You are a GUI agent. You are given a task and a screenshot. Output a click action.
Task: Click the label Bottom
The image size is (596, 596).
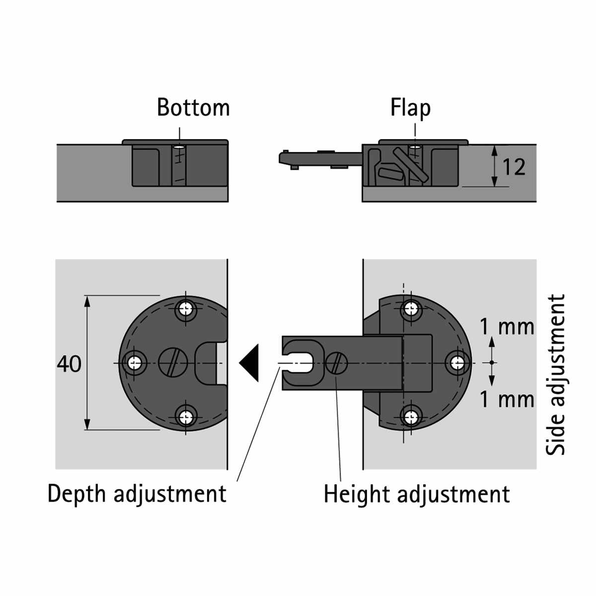tap(193, 107)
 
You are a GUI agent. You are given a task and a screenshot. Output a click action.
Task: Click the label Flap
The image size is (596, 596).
tap(410, 108)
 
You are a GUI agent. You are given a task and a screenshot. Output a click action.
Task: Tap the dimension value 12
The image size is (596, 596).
tap(514, 167)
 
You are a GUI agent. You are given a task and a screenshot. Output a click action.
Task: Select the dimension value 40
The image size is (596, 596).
tap(69, 364)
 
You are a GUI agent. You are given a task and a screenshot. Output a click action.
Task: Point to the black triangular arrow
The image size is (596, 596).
tap(249, 363)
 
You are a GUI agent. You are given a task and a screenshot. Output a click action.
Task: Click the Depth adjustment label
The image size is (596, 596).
tap(137, 494)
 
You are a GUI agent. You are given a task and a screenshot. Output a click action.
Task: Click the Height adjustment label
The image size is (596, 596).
tap(417, 494)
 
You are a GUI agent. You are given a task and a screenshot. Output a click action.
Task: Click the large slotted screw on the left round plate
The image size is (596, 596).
tap(173, 363)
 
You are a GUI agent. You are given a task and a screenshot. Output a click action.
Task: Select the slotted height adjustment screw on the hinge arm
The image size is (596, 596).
tap(337, 363)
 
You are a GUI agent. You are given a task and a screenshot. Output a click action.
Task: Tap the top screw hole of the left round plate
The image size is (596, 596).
tap(186, 308)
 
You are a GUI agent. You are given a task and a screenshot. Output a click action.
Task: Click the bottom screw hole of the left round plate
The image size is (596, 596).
tap(186, 417)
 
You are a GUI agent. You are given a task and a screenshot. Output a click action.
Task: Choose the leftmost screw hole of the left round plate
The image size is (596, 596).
tap(134, 363)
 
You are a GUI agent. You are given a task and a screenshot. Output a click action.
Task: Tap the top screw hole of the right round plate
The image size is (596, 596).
tap(411, 308)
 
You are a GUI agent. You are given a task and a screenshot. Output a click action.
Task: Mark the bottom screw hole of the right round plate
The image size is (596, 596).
tap(411, 417)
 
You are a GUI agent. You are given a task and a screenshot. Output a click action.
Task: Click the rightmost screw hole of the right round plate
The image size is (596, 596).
tap(457, 363)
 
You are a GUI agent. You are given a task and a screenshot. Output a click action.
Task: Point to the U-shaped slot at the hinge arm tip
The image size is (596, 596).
tap(299, 363)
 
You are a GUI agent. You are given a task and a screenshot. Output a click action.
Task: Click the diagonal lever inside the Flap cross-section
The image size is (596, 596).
tap(410, 164)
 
